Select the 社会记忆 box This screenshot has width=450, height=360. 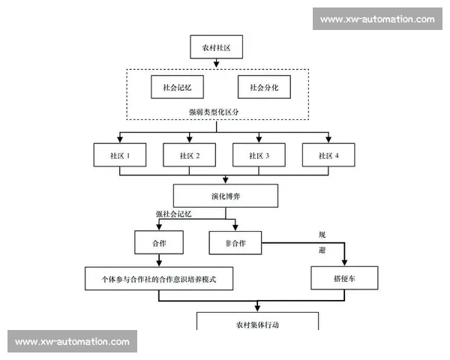tap(177, 87)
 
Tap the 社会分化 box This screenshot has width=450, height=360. tap(263, 87)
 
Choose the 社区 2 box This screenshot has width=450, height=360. tap(190, 155)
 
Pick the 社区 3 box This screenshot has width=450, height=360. tap(259, 155)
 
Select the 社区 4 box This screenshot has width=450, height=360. tap(328, 155)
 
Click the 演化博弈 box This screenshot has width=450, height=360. tap(225, 196)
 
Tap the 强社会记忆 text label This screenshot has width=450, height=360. tap(174, 214)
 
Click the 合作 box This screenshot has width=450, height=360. tap(159, 242)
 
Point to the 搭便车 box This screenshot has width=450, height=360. tap(344, 278)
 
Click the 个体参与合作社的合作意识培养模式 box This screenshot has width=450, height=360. tap(159, 278)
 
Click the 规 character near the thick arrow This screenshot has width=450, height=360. tap(322, 235)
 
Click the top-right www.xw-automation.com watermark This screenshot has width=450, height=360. tap(377, 19)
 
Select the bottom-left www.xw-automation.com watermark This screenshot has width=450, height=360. tap(72, 342)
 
